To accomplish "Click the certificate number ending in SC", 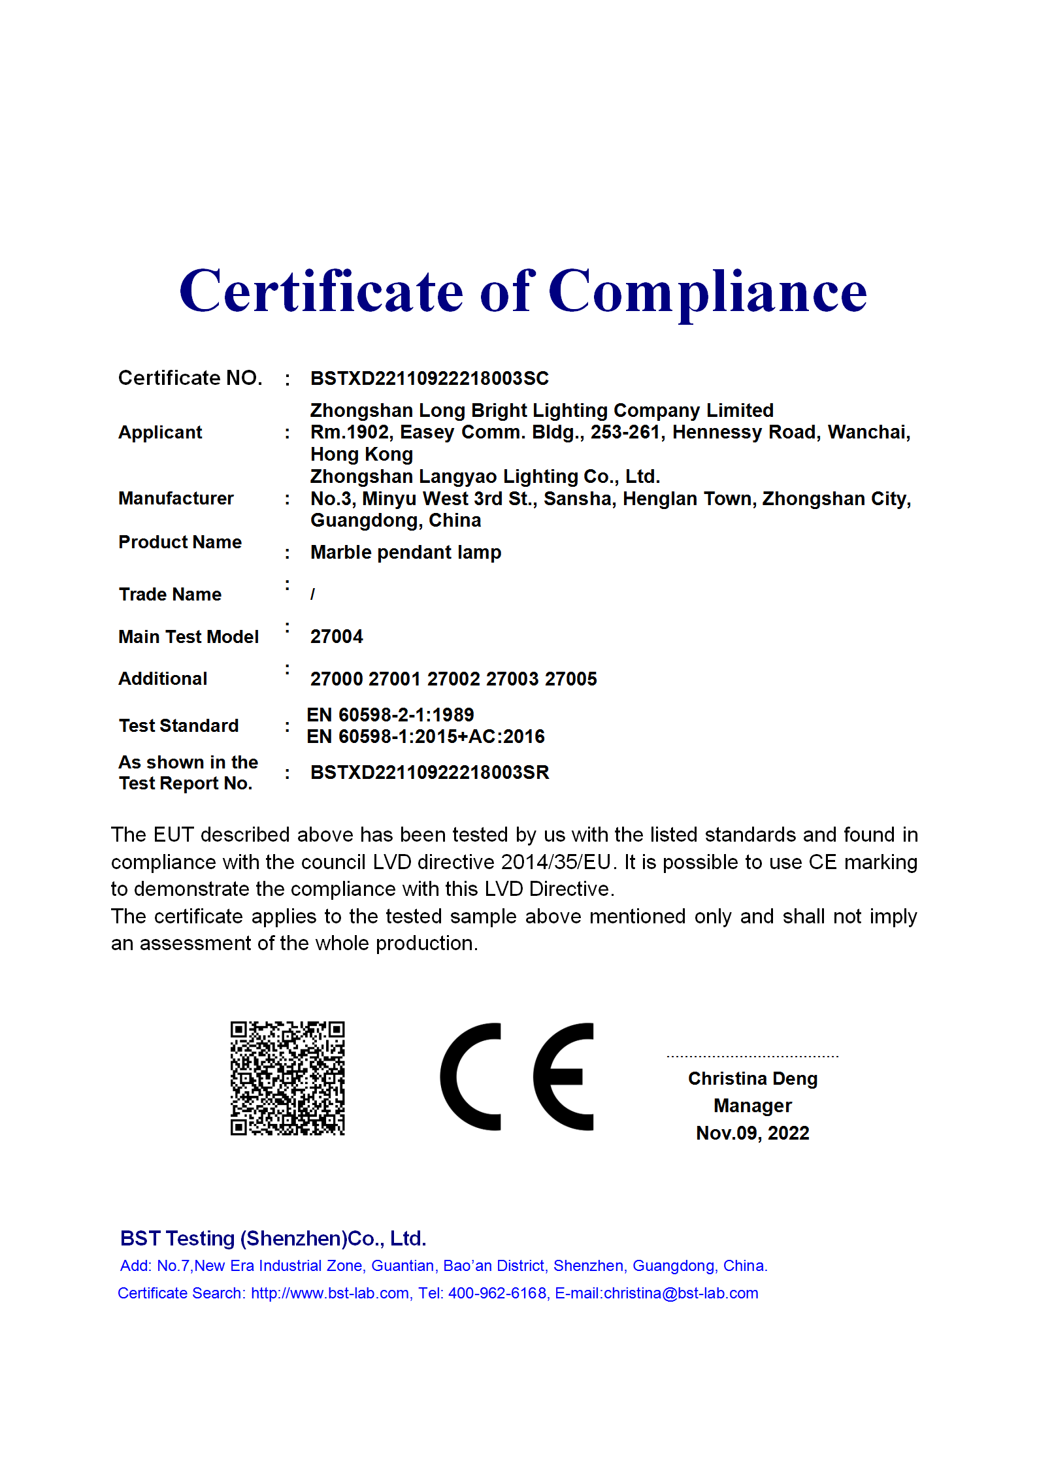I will [x=429, y=378].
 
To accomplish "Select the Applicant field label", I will [x=160, y=433].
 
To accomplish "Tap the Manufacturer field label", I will [x=176, y=499].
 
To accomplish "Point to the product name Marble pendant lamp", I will [x=405, y=553].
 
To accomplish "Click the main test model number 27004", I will [x=337, y=636].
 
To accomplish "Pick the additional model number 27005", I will [x=570, y=679].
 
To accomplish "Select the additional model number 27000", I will [x=336, y=679].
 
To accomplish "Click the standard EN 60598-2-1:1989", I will [x=390, y=715].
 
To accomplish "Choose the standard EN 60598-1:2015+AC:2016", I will [x=425, y=736].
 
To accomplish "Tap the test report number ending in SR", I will [x=429, y=772].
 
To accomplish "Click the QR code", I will [x=288, y=1078].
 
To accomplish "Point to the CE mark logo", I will [x=517, y=1076].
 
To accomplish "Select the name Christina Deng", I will [x=752, y=1078].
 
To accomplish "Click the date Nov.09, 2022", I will [x=752, y=1133].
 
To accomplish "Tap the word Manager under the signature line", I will [x=752, y=1106].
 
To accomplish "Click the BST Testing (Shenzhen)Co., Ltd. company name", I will [x=273, y=1238].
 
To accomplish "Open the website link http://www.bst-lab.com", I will [x=331, y=1293].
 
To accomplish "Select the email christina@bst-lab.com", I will [x=681, y=1293].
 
